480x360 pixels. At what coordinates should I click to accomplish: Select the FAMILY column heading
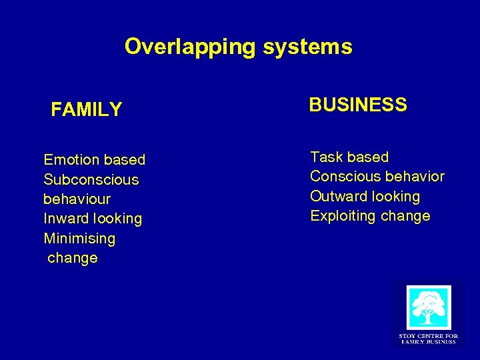coord(87,109)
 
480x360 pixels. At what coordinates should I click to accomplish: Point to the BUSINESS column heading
coord(358,105)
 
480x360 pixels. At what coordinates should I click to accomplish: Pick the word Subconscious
coord(91,180)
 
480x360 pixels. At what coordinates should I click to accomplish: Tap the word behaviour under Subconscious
coord(77,199)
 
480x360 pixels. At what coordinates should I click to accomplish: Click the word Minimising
coord(79,239)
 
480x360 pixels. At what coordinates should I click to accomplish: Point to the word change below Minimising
coord(73,258)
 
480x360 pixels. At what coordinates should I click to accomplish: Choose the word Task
coord(326,157)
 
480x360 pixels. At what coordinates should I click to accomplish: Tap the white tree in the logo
coord(429,308)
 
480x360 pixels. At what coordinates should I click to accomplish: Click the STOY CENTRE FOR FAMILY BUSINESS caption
coord(428,339)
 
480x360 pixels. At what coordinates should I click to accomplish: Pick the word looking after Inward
coord(117,219)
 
